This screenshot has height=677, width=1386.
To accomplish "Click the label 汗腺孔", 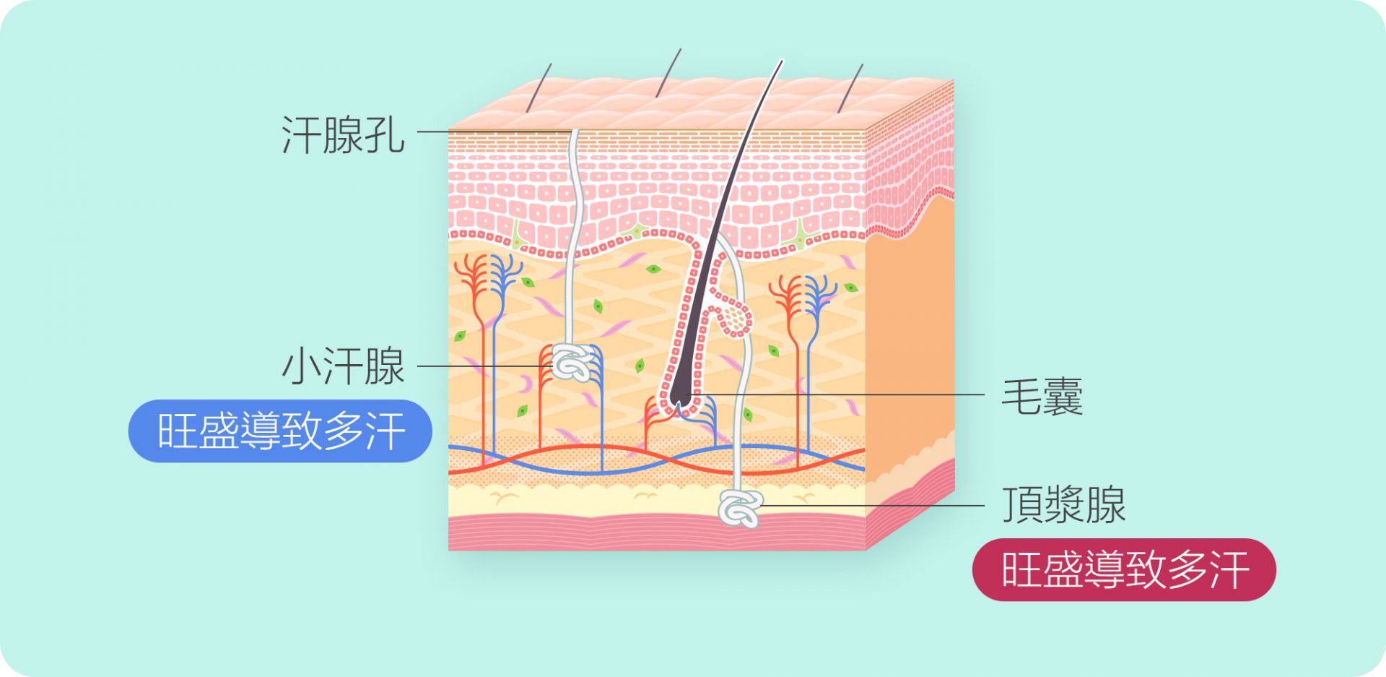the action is coord(343,134).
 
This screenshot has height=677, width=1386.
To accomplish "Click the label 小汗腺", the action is coord(343,366).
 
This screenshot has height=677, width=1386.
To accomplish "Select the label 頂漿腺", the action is coord(1063,504).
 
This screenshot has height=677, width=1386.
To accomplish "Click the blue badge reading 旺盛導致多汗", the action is coord(280,431).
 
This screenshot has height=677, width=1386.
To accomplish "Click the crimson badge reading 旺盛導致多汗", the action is coord(1124,569).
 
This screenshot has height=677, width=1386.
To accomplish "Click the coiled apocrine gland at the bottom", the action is coord(741,508).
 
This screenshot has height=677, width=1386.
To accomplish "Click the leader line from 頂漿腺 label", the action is coord(872,505).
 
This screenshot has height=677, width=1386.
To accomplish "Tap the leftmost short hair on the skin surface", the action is coord(539,87).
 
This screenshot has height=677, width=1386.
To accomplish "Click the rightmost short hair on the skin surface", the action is coord(850,87).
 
